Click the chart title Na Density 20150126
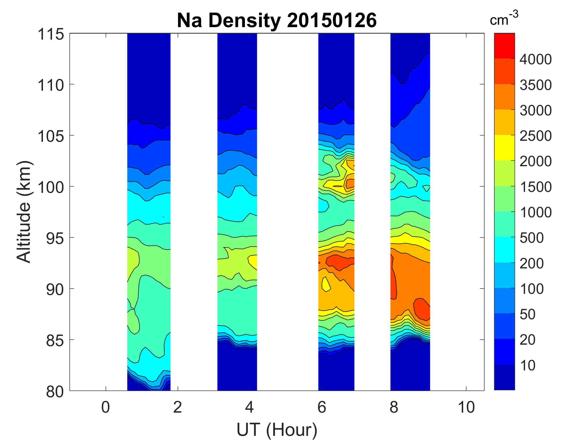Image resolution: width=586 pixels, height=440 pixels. pos(277,21)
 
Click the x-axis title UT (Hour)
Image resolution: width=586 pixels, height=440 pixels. pos(277,429)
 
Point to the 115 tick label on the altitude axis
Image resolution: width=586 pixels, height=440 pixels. pos(51,34)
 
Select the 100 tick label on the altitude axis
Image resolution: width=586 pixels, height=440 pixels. pos(51,187)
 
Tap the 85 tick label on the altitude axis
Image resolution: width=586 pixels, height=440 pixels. pos(55,340)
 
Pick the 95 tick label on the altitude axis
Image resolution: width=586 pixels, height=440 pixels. pos(55,238)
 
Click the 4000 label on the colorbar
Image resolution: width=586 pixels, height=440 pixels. pos(535,59)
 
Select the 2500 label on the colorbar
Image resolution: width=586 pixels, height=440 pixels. pos(535,136)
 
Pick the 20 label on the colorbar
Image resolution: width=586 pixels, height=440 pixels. pos(528,340)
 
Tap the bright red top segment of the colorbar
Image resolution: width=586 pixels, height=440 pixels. pos(504,46)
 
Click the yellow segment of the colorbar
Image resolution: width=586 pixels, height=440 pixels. pos(504,148)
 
